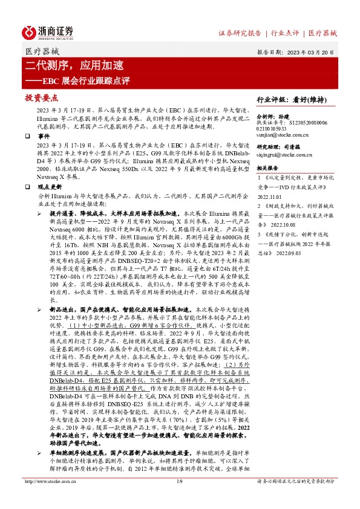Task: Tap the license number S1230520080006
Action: [x=313, y=123]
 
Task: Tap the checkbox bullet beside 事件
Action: [x=28, y=137]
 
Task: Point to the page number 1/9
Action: [x=179, y=498]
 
